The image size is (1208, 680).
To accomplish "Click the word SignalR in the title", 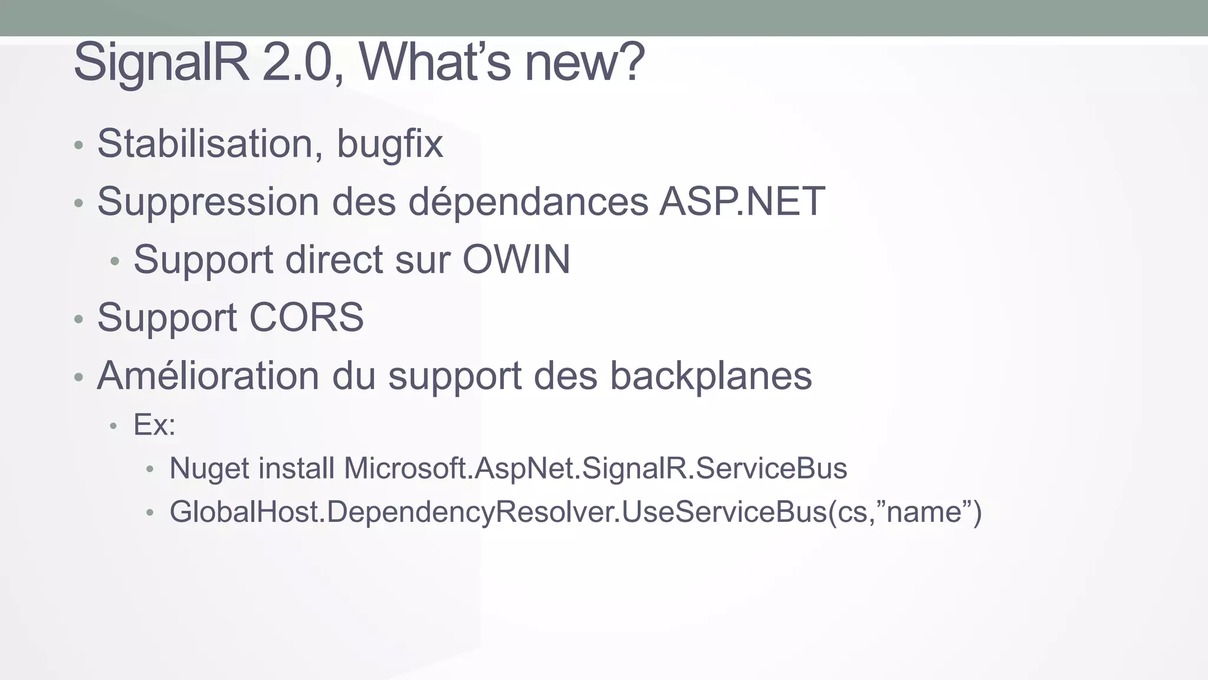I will coord(160,63).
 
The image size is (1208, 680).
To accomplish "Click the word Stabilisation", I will coord(205,143).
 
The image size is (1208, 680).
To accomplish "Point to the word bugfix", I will coord(389,143).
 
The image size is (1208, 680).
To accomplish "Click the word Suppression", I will coord(208,202).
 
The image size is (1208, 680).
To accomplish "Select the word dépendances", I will coord(528,202).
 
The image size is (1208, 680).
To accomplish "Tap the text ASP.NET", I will coord(742,202).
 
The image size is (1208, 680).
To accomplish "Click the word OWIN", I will coord(516,259).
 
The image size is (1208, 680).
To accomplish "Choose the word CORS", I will coord(306,318).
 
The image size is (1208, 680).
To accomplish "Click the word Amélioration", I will coord(208,375).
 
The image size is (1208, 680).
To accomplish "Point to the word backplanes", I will coord(711,375).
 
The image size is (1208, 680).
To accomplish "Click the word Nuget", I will coord(209,469).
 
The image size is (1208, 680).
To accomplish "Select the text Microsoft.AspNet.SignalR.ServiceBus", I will coord(595,469).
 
